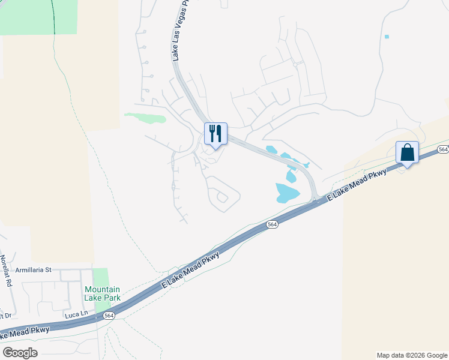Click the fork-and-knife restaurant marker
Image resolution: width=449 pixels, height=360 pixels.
point(216,133)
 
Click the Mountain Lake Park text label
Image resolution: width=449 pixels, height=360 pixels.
point(102,293)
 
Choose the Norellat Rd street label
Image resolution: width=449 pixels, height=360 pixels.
point(5,271)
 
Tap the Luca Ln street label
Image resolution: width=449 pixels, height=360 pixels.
point(76,314)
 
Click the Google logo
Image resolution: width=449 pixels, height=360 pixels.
point(20,352)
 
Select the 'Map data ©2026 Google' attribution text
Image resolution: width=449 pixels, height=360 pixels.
point(412,355)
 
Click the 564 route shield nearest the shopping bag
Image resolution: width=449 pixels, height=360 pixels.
point(443,149)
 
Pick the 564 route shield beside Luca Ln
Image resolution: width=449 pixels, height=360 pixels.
point(109,316)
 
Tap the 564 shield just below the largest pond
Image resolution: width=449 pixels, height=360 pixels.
point(272,224)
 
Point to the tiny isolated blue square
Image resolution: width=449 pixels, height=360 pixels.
point(387,37)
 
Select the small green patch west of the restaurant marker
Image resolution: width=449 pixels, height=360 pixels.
point(145,117)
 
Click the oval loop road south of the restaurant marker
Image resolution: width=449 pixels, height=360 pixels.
point(223,196)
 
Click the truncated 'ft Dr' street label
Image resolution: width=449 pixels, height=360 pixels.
point(6,316)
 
